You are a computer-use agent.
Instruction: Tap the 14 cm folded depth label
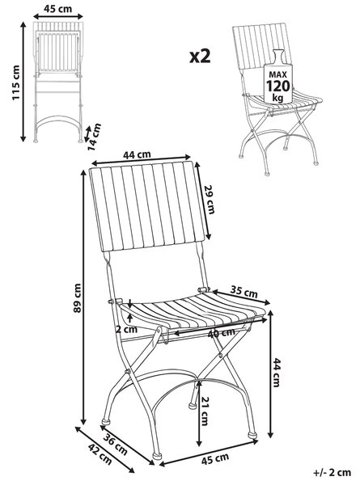(x=94, y=137)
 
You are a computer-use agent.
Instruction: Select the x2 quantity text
(x=200, y=57)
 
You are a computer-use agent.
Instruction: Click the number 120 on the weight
(x=278, y=86)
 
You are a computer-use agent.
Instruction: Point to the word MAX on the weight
(x=278, y=74)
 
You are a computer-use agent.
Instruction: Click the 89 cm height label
(x=77, y=297)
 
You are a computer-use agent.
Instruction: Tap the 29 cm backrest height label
(x=210, y=200)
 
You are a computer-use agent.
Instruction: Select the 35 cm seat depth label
(x=244, y=291)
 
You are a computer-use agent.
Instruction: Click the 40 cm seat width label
(x=221, y=333)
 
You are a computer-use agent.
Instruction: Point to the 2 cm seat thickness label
(x=126, y=329)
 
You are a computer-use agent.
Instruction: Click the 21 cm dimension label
(x=205, y=411)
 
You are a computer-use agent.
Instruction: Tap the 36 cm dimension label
(x=115, y=445)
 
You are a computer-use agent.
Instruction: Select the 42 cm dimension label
(x=100, y=453)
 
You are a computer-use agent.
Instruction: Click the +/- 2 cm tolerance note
(x=332, y=472)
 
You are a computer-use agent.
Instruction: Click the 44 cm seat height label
(x=276, y=372)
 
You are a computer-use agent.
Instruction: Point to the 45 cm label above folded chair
(x=57, y=9)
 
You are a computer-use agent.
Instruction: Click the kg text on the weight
(x=277, y=98)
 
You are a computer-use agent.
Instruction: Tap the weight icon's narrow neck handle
(x=278, y=55)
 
